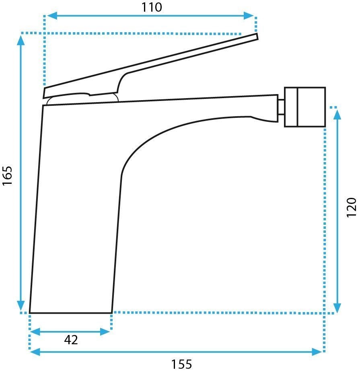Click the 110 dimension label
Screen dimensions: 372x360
(152, 7)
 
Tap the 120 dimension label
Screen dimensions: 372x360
(352, 207)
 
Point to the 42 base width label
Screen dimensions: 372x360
(71, 340)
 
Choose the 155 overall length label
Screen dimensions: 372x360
(182, 364)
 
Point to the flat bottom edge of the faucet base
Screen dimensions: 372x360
(70, 312)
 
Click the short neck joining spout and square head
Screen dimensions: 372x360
(281, 107)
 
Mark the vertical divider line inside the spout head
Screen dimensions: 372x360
(297, 107)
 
